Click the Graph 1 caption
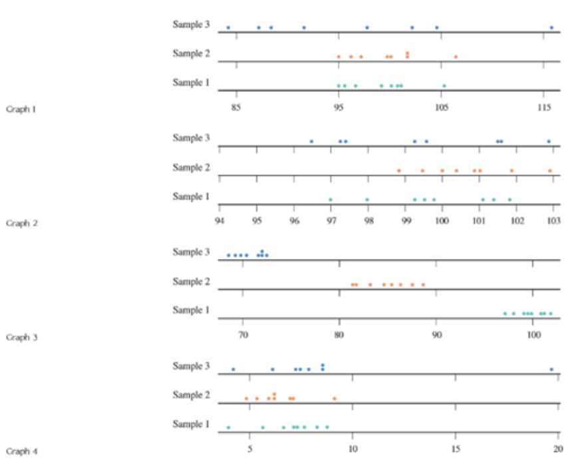click(x=21, y=109)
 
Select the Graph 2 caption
click(x=21, y=223)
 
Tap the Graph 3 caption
click(x=21, y=337)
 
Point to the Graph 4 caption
click(x=21, y=451)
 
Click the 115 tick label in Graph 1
click(x=544, y=107)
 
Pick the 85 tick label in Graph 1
click(x=236, y=107)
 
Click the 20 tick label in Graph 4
click(x=558, y=448)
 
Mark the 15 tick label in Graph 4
click(x=456, y=448)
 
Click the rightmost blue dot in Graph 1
click(x=551, y=27)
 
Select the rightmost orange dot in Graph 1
click(x=456, y=57)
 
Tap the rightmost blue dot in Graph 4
click(x=551, y=369)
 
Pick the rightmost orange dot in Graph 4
click(x=335, y=398)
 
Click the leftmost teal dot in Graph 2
click(x=330, y=199)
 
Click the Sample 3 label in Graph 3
click(x=191, y=252)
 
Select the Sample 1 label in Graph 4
click(x=191, y=424)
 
